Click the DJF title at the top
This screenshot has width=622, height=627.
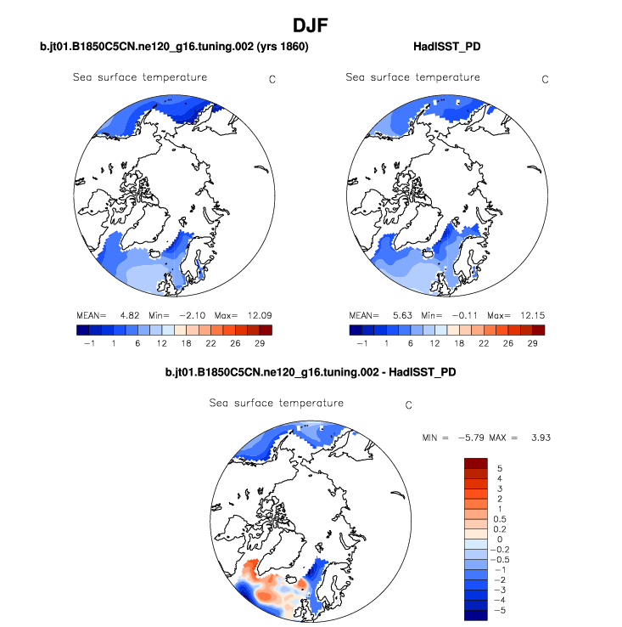(x=311, y=26)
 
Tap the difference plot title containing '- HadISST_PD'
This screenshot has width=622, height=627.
(x=311, y=371)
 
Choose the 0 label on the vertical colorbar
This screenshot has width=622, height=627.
(x=500, y=539)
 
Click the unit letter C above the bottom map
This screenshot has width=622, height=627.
(x=408, y=405)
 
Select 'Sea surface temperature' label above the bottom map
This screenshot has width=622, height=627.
(x=277, y=402)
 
